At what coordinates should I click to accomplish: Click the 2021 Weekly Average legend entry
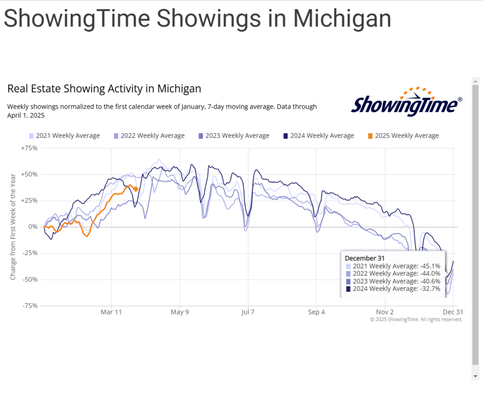coord(65,136)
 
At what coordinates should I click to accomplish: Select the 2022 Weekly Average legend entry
coord(150,136)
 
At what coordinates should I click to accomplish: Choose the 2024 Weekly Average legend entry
coord(319,136)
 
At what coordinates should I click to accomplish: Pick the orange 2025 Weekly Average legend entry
coord(403,136)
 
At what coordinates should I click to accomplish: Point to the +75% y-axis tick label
coord(29,148)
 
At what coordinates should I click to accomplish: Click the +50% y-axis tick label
coord(29,174)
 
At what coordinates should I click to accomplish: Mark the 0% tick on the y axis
coord(33,227)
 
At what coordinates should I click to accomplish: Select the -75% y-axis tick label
coord(29,306)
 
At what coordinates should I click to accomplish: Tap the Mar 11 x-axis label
coord(111,312)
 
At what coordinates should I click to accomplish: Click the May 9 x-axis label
coord(180,312)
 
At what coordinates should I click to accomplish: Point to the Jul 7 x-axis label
coord(248,312)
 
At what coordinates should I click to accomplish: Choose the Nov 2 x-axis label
coord(385,312)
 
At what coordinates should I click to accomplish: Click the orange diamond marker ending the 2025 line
coord(136,189)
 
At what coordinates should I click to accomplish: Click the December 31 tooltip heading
coord(365,258)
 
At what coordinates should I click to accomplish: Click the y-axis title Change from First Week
coord(13,227)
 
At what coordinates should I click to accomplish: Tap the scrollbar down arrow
coord(475,376)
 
